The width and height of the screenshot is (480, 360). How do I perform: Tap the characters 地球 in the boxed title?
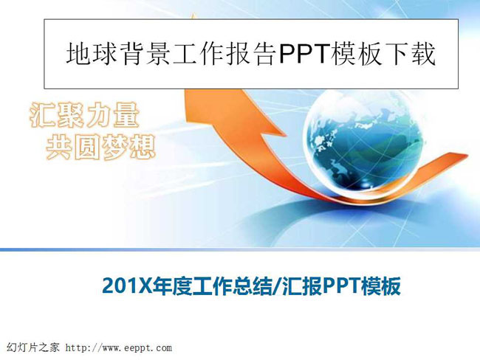92,54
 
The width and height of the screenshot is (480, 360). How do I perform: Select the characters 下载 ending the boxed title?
411,54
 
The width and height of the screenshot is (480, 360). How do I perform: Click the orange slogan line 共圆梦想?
100,148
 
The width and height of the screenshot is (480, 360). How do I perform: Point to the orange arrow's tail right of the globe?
444,165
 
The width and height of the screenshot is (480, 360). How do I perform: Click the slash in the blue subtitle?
277,286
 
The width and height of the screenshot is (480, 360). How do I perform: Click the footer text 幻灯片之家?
33,347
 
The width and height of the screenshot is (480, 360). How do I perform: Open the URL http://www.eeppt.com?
119,348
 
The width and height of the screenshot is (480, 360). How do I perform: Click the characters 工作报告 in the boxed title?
224,54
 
